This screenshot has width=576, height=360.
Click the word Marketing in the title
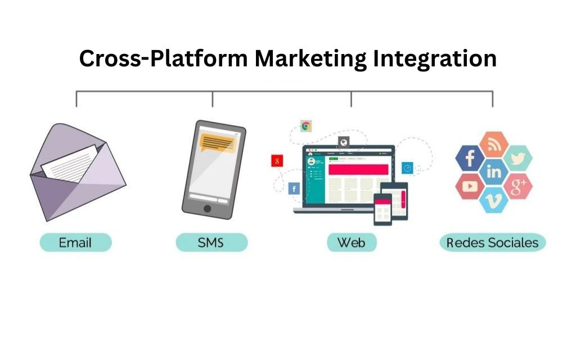point(310,58)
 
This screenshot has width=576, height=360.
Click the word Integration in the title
point(435,58)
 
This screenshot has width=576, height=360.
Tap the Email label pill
point(76,242)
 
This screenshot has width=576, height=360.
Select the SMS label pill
point(211,242)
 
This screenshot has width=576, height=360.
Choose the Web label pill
point(352,242)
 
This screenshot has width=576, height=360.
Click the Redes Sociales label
point(493,242)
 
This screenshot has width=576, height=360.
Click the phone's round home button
point(207,209)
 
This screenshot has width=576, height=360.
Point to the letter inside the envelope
point(70,164)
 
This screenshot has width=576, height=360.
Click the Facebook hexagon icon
point(470,158)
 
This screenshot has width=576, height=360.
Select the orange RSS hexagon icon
point(494,145)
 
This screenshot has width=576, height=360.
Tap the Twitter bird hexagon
point(517,158)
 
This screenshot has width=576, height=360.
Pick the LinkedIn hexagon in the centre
point(494,172)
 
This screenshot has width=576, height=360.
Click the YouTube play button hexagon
point(470,186)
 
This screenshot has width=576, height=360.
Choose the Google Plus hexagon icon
point(517,186)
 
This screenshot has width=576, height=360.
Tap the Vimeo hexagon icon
point(494,200)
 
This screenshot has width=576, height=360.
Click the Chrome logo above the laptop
point(305,127)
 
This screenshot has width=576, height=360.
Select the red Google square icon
point(277,160)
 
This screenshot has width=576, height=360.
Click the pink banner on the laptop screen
point(358,169)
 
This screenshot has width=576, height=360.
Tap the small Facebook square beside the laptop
point(294,189)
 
